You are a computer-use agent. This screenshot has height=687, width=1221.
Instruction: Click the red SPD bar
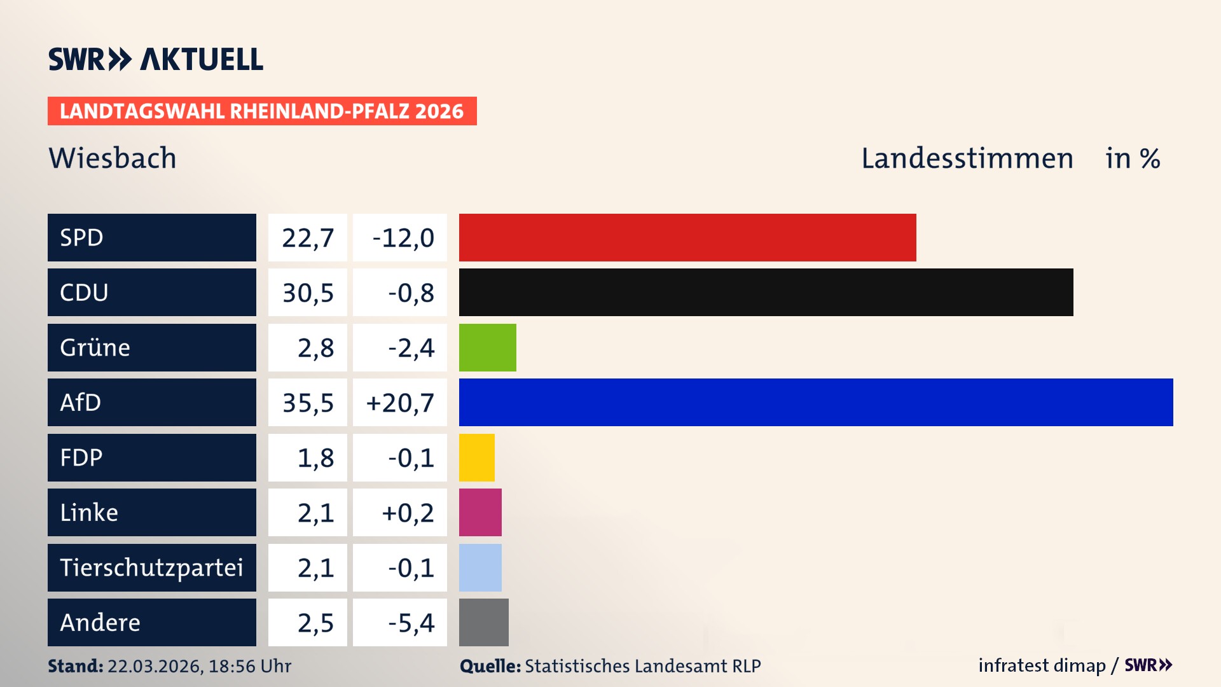point(687,237)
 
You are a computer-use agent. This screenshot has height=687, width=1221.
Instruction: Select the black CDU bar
point(766,292)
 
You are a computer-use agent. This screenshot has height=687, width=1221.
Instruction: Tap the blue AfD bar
point(815,402)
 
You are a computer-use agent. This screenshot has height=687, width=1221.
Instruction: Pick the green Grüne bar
point(487,347)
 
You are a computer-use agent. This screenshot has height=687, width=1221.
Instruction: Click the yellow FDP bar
point(476,457)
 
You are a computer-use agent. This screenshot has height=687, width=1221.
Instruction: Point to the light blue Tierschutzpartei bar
point(480,567)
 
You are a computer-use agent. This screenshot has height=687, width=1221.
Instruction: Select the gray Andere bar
point(483,622)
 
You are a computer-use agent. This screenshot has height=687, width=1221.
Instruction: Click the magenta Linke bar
point(480,512)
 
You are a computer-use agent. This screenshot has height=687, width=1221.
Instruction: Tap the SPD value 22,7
point(308,238)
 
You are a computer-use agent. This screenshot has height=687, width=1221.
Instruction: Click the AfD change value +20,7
point(400,403)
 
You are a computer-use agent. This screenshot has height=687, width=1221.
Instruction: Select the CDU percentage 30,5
point(308,293)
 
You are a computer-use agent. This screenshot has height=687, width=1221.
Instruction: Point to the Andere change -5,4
point(411,623)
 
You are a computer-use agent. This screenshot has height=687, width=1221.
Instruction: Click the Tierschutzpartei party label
point(151,567)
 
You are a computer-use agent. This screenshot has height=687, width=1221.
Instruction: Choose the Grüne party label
point(95,347)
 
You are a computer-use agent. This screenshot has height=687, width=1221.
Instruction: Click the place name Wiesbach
point(113,158)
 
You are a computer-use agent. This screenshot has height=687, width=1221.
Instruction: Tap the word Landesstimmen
point(967,158)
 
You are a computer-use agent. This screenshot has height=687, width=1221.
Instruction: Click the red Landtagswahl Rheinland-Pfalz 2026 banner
point(262,111)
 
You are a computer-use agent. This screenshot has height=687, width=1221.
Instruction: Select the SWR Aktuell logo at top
point(156,59)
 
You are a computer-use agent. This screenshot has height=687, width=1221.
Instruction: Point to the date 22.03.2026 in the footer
point(155,666)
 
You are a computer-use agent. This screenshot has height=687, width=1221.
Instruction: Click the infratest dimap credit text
point(1042,665)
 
